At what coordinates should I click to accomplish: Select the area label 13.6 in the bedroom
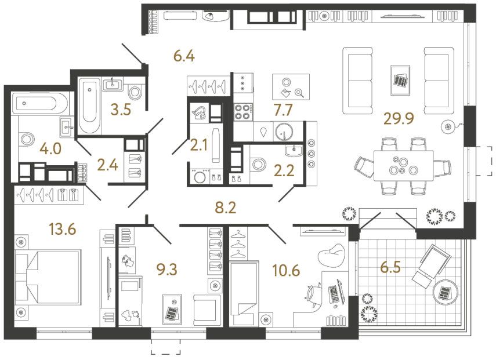pyautogui.click(x=62, y=229)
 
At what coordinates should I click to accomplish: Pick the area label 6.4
pyautogui.click(x=184, y=56)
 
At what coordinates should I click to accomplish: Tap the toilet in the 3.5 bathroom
pyautogui.click(x=135, y=92)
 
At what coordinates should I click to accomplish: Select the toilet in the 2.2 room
pyautogui.click(x=259, y=164)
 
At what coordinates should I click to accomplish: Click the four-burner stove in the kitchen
pyautogui.click(x=242, y=111)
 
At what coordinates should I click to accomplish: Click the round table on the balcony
pyautogui.click(x=445, y=292)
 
